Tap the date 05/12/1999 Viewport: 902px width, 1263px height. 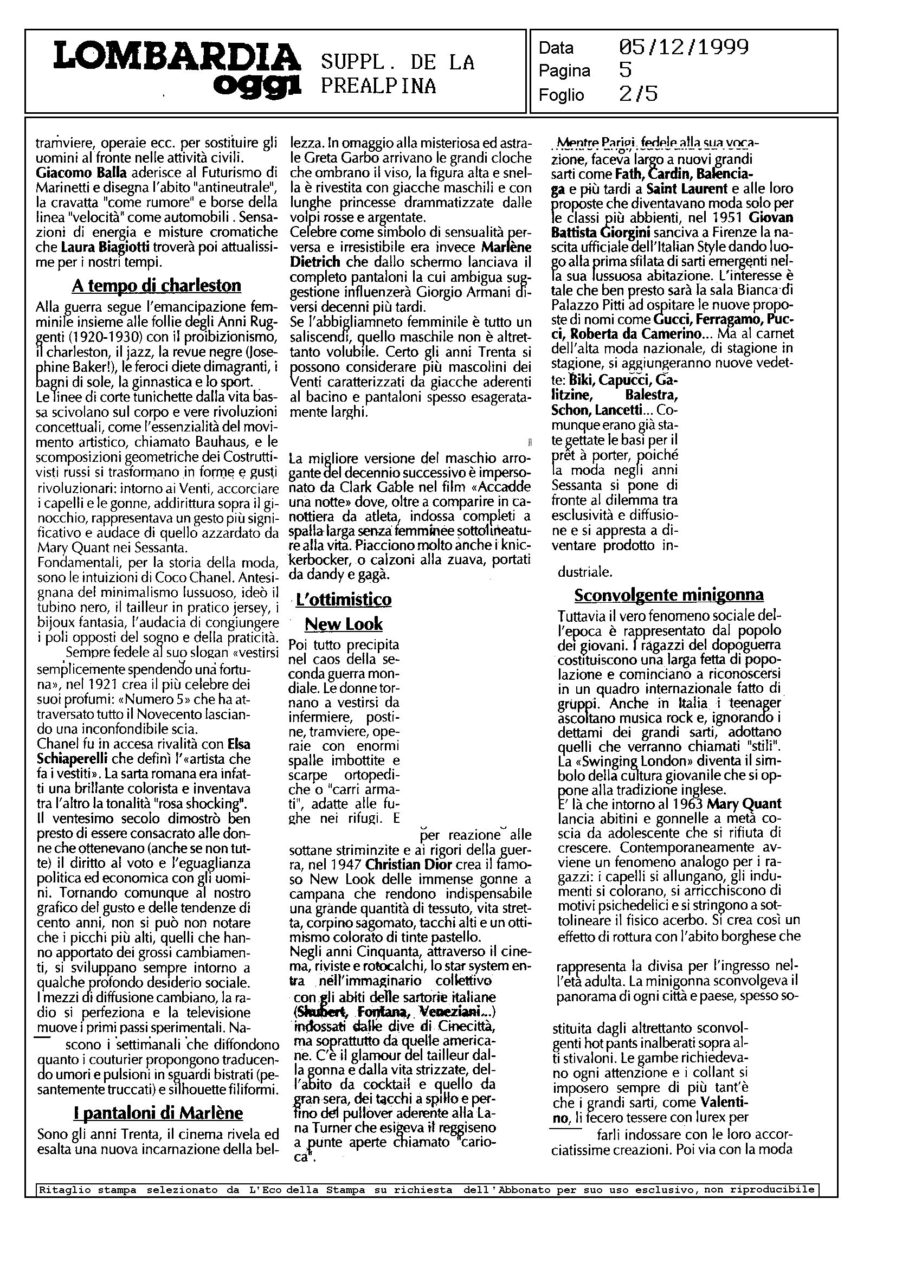[x=684, y=47]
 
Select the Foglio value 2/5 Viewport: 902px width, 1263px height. [x=638, y=94]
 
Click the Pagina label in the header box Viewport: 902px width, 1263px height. [x=564, y=71]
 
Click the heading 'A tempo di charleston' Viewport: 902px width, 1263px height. [x=157, y=286]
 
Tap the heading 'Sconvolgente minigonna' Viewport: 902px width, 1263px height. [x=669, y=595]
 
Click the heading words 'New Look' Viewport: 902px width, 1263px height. [x=344, y=624]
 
